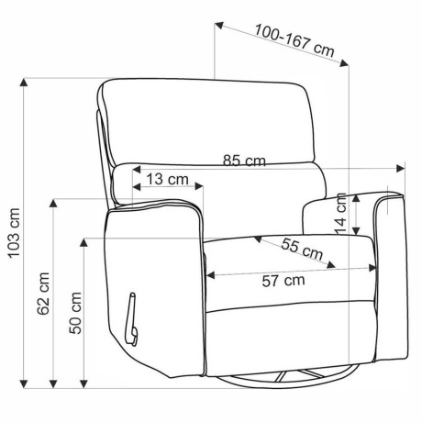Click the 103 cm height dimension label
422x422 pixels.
tap(15, 233)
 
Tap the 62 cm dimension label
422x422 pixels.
tap(43, 294)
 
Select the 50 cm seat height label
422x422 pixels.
tap(75, 313)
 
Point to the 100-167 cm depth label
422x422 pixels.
tap(294, 41)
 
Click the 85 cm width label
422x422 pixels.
tap(244, 161)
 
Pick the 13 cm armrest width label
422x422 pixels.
tap(167, 179)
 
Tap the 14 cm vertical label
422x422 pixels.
tap(340, 214)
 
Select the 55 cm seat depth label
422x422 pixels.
tap(302, 250)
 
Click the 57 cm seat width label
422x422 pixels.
tap(283, 281)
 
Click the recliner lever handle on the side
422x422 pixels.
tap(131, 319)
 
